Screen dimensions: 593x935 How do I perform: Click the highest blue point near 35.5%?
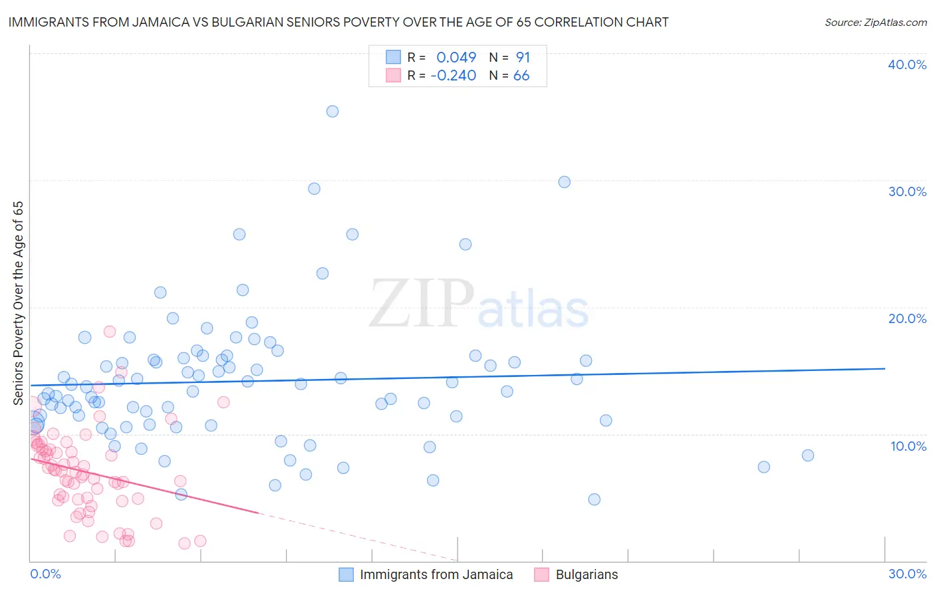333,111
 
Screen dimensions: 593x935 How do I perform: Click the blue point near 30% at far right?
565,181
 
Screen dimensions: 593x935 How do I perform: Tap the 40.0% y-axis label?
907,64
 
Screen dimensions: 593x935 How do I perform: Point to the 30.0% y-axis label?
907,191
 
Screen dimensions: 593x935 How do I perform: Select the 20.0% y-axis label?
907,318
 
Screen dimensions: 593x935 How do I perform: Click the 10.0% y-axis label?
907,446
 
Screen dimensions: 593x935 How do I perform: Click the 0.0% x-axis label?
45,574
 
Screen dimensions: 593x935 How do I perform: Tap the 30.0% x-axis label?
907,574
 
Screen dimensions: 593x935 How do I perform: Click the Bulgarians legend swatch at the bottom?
541,574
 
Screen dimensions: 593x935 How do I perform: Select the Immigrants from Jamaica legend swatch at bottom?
346,574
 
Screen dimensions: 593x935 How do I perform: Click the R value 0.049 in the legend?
456,57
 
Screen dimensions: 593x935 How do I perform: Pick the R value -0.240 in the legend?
454,75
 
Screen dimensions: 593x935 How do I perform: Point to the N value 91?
523,57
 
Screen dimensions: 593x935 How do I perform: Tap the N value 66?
521,75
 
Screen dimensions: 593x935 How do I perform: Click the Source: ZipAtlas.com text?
875,22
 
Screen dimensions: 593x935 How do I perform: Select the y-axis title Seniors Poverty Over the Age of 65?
18,303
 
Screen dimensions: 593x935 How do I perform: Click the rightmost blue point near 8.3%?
808,455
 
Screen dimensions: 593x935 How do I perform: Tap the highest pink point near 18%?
110,331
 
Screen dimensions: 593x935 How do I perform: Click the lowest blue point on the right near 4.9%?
595,499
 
